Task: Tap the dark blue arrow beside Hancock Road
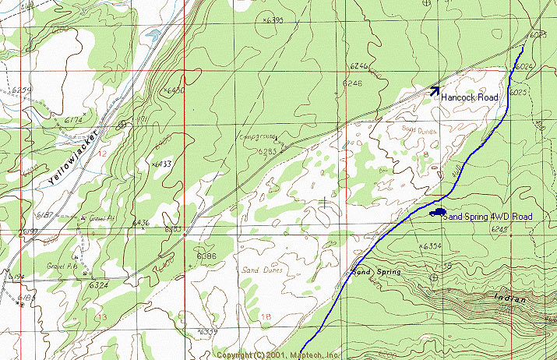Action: tap(435, 90)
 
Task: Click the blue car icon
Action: tap(436, 210)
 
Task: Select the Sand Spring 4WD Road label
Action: tap(487, 216)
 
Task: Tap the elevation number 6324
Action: tap(98, 285)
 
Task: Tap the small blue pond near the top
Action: tap(153, 34)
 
